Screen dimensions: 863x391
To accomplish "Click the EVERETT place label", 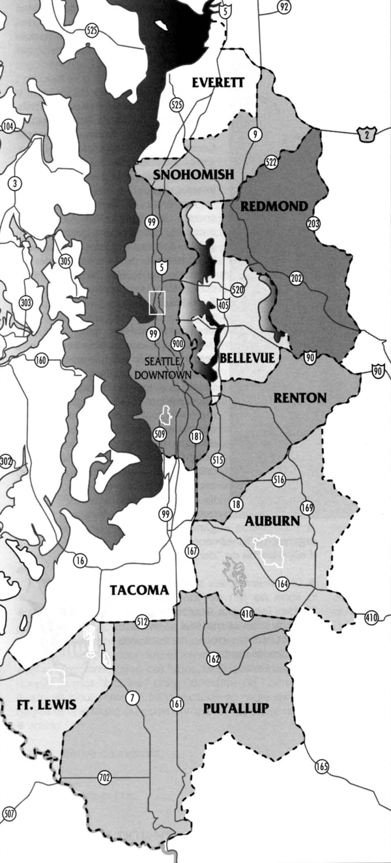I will [x=218, y=82].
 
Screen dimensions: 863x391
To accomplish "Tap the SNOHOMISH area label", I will [x=184, y=175].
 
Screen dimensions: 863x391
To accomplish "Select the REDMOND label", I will [x=274, y=206].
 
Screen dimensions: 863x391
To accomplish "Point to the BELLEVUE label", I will [x=247, y=358].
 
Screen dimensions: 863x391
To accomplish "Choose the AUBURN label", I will [x=272, y=521].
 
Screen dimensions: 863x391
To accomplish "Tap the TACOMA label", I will [x=139, y=590].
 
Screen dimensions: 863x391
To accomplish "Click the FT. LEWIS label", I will [x=46, y=705].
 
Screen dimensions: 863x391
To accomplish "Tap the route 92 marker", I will [x=283, y=7].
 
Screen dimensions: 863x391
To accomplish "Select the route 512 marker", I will [x=142, y=621].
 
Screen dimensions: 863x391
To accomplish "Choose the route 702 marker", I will [x=104, y=777].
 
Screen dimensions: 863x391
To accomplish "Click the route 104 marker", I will [x=8, y=127].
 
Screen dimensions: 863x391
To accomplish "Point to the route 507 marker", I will [x=9, y=813].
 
